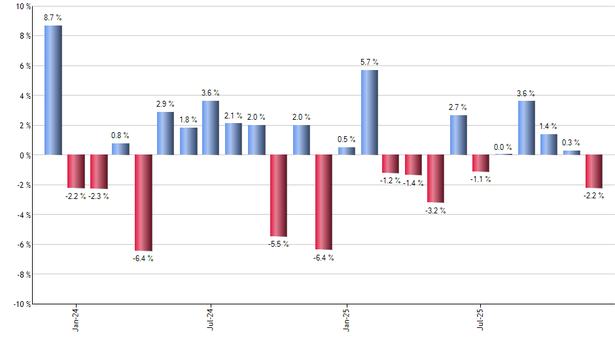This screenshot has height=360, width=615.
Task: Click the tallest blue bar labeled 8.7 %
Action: (53, 90)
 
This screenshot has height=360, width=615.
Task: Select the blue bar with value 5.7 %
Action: (369, 112)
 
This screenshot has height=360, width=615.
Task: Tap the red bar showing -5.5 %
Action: (279, 195)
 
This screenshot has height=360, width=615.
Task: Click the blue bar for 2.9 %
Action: (166, 133)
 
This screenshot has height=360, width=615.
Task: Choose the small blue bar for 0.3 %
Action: (571, 153)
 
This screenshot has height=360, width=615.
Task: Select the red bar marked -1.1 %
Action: (481, 163)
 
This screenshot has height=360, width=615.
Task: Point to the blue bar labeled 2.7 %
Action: (459, 135)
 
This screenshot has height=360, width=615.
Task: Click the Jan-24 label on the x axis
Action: (76, 319)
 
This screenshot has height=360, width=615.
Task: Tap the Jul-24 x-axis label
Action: (211, 319)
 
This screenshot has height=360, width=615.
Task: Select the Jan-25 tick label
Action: (346, 319)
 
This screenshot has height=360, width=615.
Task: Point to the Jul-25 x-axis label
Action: (481, 319)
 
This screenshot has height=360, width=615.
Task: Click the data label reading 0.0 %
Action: (503, 147)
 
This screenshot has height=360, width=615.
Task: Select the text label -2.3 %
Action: (98, 196)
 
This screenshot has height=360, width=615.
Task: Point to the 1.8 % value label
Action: (188, 120)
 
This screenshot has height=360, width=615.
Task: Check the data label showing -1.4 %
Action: (413, 183)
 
